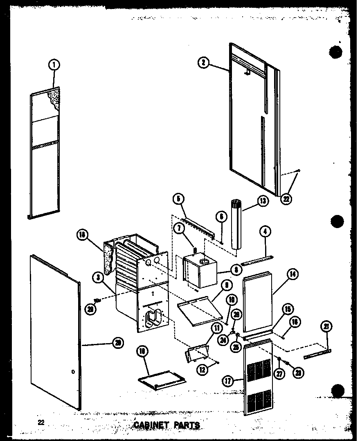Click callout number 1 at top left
[x=54, y=64]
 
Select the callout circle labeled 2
[x=203, y=63]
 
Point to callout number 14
[x=292, y=275]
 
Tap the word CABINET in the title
[x=149, y=425]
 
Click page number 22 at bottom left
[x=40, y=423]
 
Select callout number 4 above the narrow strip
[x=265, y=232]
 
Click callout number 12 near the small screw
[x=202, y=369]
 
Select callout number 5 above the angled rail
[x=178, y=199]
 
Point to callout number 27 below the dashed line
[x=279, y=374]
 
